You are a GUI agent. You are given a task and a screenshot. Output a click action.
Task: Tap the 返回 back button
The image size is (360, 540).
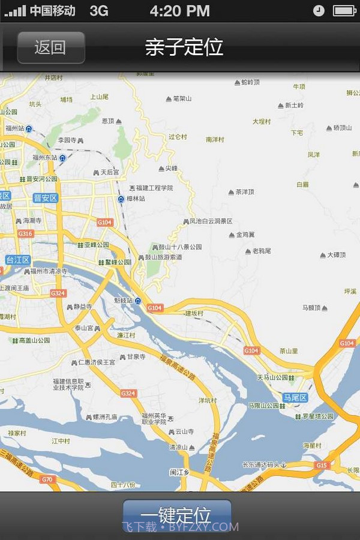(50, 47)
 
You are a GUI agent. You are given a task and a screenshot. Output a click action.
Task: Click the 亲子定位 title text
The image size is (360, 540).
(184, 47)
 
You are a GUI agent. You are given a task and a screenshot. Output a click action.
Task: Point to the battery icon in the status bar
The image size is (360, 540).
(344, 11)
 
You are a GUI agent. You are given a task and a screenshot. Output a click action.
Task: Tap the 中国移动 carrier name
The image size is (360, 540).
(52, 11)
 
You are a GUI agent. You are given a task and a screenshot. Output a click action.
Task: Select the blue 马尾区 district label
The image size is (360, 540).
(295, 397)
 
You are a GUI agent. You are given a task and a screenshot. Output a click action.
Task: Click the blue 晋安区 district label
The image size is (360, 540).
(45, 198)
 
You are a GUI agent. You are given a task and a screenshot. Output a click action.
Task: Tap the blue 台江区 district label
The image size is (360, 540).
(17, 260)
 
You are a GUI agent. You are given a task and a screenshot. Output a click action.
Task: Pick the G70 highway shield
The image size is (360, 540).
(47, 479)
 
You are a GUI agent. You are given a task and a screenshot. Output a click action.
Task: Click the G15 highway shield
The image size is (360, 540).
(322, 465)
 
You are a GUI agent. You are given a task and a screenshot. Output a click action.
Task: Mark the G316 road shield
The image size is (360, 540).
(25, 233)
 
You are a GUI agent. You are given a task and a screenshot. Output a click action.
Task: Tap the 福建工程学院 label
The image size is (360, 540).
(154, 188)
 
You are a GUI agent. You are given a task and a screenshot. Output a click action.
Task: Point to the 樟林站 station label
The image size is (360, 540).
(135, 198)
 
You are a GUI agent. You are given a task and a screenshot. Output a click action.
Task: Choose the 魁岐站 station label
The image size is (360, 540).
(124, 300)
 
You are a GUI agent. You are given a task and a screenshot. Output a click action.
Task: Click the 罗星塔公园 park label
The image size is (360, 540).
(316, 416)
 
